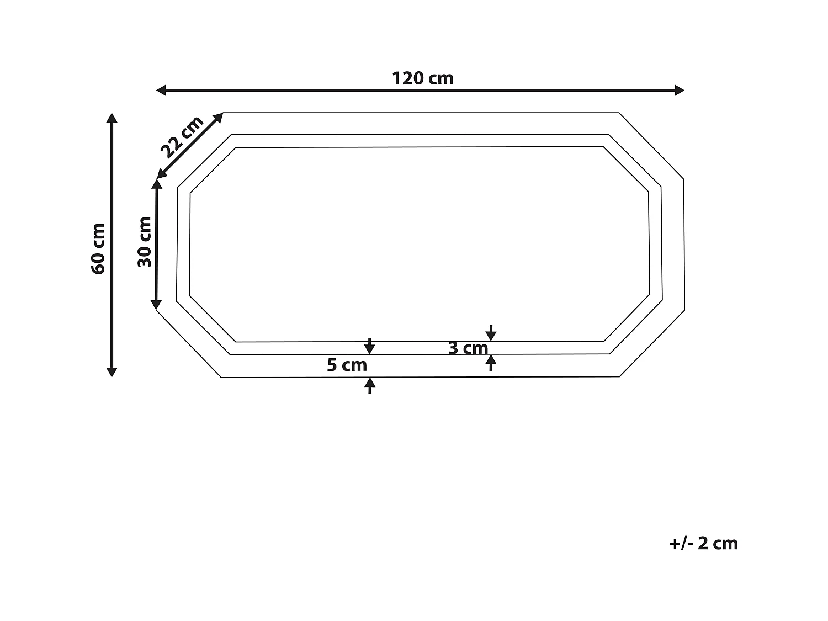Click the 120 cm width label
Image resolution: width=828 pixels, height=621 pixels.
pyautogui.click(x=423, y=78)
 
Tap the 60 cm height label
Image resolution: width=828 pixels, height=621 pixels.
pyautogui.click(x=99, y=248)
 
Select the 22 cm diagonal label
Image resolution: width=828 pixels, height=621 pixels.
pyautogui.click(x=182, y=137)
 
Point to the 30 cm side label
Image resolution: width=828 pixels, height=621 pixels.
pyautogui.click(x=145, y=242)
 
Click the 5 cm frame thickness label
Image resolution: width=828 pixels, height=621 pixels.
pyautogui.click(x=347, y=365)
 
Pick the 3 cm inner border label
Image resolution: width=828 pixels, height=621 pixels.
pyautogui.click(x=468, y=348)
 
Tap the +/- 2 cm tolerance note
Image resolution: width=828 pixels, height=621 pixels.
pyautogui.click(x=703, y=543)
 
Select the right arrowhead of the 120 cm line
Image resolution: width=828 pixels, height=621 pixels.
pyautogui.click(x=680, y=91)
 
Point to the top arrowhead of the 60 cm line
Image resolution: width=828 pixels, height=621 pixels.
pyautogui.click(x=112, y=118)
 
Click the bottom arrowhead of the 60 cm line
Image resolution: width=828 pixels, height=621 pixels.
pyautogui.click(x=112, y=372)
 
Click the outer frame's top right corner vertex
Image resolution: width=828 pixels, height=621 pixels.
pyautogui.click(x=619, y=113)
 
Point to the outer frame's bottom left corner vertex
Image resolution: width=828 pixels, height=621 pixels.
pyautogui.click(x=221, y=378)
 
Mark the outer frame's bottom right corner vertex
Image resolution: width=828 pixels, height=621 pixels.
pyautogui.click(x=619, y=377)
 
